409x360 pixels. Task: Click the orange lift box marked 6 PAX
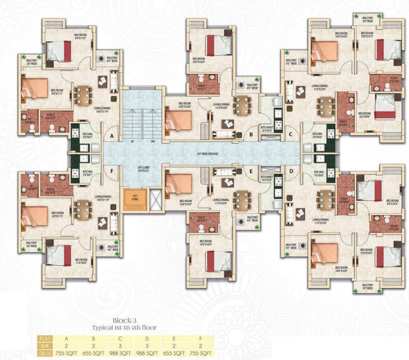tap(135, 199)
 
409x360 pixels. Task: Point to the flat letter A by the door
tap(112, 136)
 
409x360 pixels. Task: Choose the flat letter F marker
tap(112, 172)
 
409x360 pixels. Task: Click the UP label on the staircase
tap(133, 141)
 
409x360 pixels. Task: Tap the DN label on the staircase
tap(152, 141)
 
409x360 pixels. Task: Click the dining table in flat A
tap(83, 95)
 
